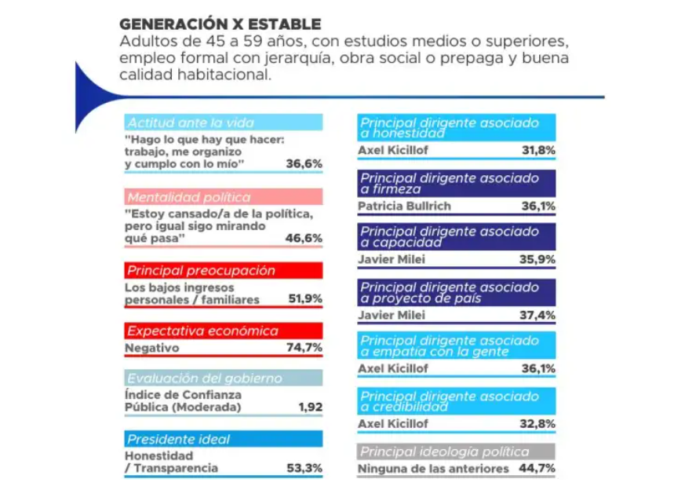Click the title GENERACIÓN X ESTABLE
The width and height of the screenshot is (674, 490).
point(220,24)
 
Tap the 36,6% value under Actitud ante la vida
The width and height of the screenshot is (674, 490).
point(304,164)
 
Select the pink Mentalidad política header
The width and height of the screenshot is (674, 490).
point(224,197)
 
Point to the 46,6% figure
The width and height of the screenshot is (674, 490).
point(304,238)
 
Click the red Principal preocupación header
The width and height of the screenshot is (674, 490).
point(224,271)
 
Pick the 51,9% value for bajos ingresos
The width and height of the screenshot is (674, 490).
point(305,298)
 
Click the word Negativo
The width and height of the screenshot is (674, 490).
point(151,348)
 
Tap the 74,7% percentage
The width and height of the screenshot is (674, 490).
point(304,348)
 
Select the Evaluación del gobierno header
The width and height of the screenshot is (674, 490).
point(224,378)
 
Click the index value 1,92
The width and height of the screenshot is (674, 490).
point(311,407)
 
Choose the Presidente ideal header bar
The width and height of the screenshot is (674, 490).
point(224,439)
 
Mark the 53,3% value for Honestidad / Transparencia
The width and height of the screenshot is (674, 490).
point(304,468)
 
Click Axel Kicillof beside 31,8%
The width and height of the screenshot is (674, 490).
point(393,150)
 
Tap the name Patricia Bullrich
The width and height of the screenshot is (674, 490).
point(405,206)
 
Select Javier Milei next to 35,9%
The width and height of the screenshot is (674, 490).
point(392,259)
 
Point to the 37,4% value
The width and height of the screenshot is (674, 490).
point(537,316)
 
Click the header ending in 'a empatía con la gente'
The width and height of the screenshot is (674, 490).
point(457,346)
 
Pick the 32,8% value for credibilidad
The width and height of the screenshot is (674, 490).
point(537,424)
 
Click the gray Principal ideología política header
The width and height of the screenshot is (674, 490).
point(457,452)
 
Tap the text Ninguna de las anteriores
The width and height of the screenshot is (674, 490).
point(433,469)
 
